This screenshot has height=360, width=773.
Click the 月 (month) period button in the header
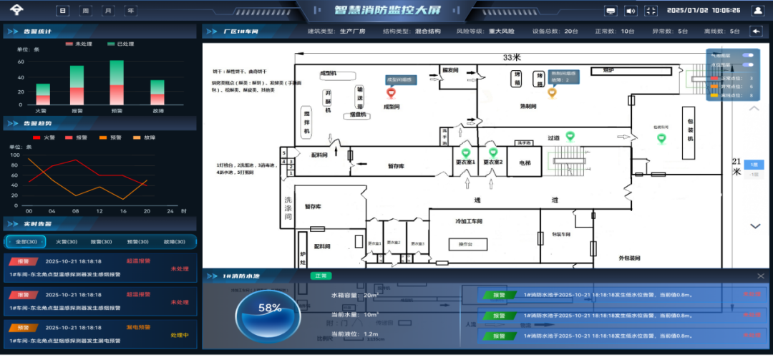coord(108,11)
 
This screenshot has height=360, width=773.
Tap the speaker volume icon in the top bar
coord(631,11)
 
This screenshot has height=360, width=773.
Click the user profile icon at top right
coord(757,11)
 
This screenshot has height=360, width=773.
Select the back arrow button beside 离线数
coord(755,31)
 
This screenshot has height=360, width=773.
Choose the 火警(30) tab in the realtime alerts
coord(66,242)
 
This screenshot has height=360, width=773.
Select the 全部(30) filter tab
coord(25,242)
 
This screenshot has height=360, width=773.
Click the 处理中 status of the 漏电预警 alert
coord(179,335)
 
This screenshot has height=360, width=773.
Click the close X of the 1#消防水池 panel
coord(760,276)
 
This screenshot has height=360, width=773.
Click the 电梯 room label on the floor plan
coord(525,162)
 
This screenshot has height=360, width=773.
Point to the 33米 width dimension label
coord(511,57)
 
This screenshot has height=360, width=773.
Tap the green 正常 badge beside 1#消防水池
coord(320,276)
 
